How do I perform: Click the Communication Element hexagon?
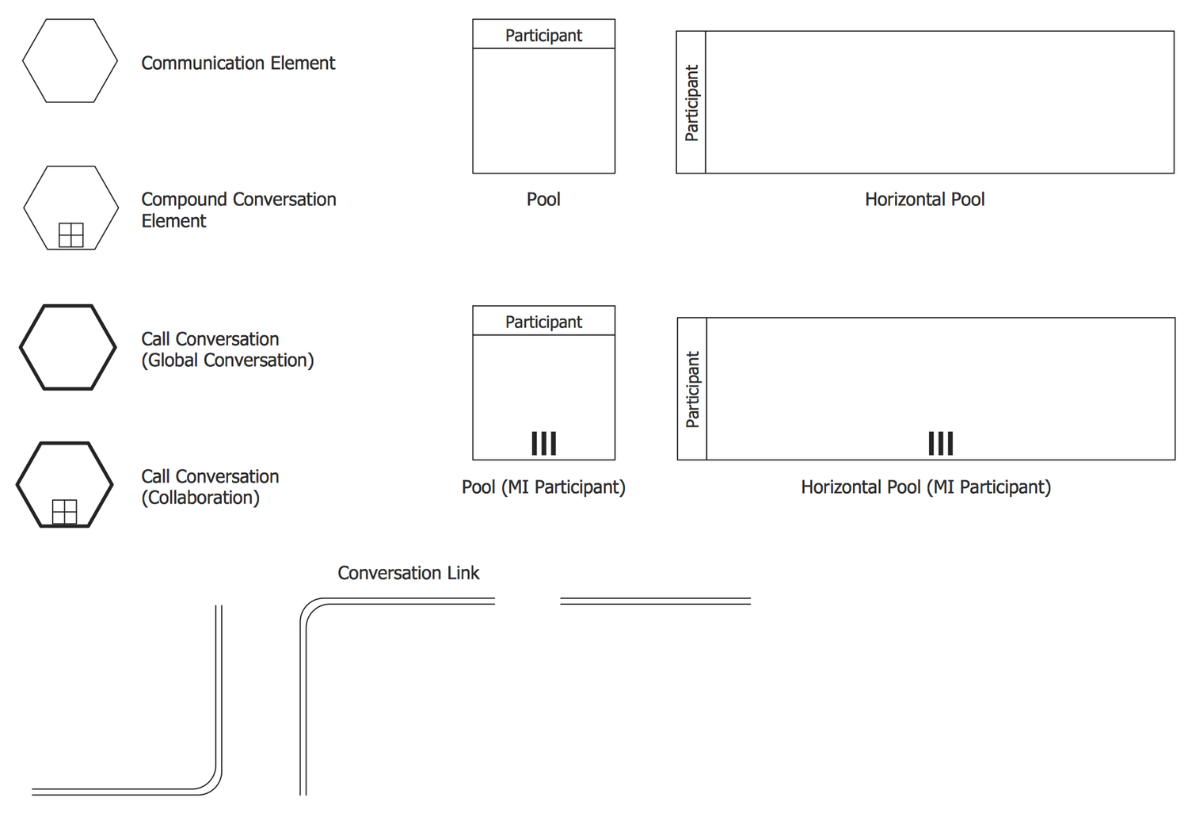coord(70,61)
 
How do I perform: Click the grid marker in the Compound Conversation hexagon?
coord(71,235)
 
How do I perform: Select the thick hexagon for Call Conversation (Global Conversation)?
coord(68,347)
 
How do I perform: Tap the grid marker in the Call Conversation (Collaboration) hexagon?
coord(64,512)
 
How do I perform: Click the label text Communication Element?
coord(238,63)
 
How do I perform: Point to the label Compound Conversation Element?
coord(238,210)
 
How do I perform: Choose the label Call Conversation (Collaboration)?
coord(210,487)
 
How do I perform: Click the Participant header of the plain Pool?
coord(543,35)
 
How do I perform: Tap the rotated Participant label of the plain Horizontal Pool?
coord(691,103)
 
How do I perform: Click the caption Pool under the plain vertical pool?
coord(543,200)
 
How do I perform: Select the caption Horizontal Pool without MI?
coord(924,200)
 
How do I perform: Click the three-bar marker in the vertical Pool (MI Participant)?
coord(544,444)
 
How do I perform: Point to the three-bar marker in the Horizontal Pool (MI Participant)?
coord(941,444)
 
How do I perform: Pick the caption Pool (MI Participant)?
coord(543,487)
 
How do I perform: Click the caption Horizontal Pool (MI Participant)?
coord(926,487)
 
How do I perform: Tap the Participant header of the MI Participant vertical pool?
coord(543,322)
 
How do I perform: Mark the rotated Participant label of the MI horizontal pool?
coord(692,390)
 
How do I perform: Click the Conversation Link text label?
coord(408,573)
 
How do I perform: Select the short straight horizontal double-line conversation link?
coord(655,601)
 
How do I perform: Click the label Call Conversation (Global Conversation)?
coord(227,349)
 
